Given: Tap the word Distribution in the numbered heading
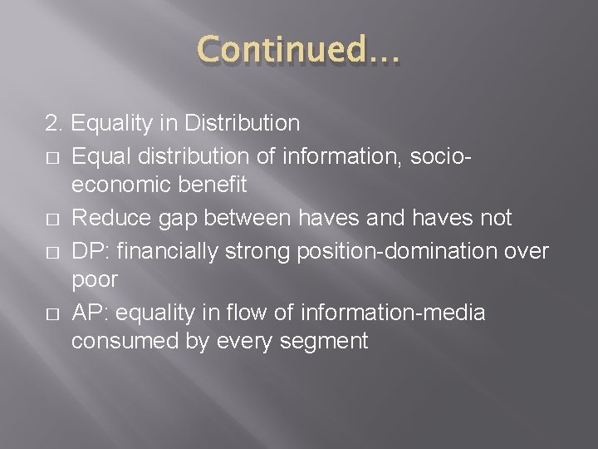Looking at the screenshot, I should click(x=244, y=125).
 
